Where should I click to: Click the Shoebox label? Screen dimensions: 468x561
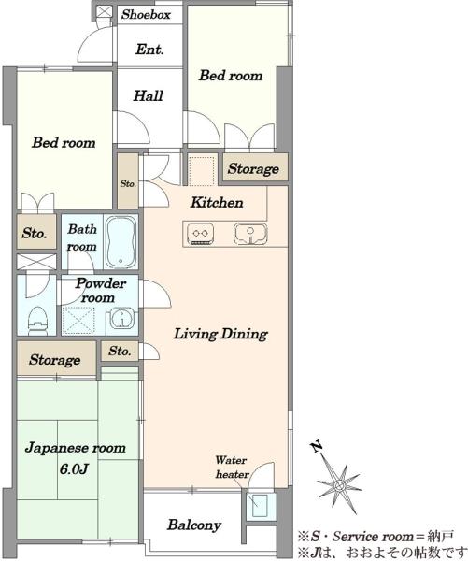(146, 14)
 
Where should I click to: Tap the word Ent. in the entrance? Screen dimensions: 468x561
(149, 50)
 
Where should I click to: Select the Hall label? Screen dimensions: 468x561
(148, 96)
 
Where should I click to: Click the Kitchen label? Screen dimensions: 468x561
(217, 203)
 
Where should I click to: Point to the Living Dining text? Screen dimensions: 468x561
(220, 334)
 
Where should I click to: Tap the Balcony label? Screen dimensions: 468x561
(194, 525)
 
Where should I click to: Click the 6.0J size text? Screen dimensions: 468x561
(74, 468)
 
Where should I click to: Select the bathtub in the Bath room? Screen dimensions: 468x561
(121, 242)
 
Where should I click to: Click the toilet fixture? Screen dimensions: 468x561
(37, 320)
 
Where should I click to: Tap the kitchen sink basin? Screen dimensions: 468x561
(250, 234)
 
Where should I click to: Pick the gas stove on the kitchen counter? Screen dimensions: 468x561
(201, 235)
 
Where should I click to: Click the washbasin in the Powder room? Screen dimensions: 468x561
(122, 319)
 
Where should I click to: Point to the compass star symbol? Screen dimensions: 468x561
(339, 485)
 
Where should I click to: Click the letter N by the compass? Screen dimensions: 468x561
(316, 447)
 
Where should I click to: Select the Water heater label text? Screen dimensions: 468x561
(232, 467)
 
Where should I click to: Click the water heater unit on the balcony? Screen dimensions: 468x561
(260, 506)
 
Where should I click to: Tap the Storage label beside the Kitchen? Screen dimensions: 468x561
(253, 168)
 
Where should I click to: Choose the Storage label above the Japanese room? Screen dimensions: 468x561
(55, 360)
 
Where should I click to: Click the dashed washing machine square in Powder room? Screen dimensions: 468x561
(78, 320)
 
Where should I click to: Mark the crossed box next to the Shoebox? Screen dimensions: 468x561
(105, 11)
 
